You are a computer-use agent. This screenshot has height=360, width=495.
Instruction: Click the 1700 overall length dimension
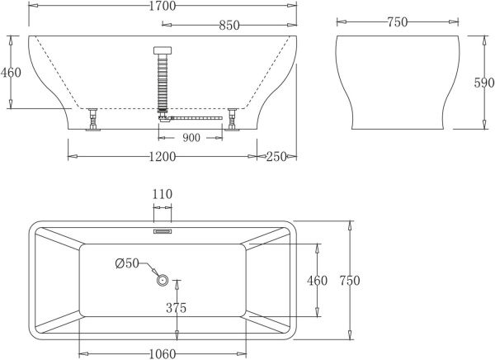pos(163,7)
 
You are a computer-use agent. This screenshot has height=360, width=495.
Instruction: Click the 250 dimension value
pos(277,157)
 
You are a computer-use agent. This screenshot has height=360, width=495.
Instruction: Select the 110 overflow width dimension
pos(163,195)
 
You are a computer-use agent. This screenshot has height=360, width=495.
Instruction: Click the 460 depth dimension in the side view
pos(11,73)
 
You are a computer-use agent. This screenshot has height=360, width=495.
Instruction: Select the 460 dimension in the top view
pos(318,281)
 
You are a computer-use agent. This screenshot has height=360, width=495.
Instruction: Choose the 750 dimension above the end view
pos(398,22)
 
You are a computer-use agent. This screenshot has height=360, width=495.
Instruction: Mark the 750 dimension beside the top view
pos(350,281)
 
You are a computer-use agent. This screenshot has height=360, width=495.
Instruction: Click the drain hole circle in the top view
pos(163,280)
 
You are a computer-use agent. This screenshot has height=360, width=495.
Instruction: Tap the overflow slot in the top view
pos(163,232)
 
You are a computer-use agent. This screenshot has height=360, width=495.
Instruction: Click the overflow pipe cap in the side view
pos(163,50)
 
